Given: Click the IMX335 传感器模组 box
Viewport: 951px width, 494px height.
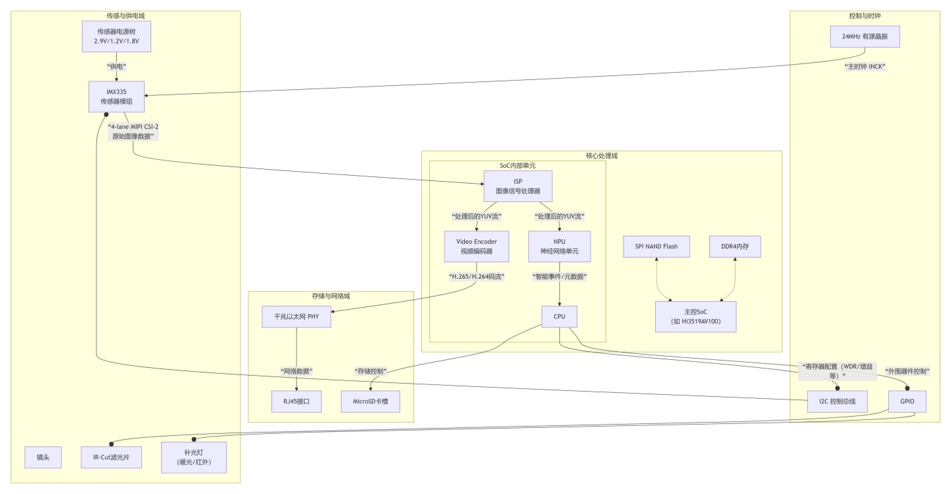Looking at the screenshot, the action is coord(116,97).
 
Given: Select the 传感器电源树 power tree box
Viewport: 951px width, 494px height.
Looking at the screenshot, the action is coord(116,36).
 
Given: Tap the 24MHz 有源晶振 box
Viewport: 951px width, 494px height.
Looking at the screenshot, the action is coord(865,36).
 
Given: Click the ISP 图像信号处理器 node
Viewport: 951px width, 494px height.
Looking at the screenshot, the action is coord(518,186).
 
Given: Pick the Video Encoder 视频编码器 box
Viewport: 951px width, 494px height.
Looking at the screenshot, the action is coord(476,246).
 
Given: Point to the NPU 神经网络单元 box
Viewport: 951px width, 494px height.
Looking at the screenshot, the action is coord(559,246).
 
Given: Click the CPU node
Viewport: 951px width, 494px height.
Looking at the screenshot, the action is coord(559,316).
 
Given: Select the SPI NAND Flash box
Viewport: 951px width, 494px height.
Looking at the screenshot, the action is coord(656,246).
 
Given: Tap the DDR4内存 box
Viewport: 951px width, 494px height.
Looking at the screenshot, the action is coord(735,246).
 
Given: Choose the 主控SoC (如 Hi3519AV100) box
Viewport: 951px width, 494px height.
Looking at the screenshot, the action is coord(695,316).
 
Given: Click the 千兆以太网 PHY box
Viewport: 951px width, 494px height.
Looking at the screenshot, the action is coord(297,316).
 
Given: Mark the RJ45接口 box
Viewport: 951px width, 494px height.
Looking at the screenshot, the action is coord(297,402).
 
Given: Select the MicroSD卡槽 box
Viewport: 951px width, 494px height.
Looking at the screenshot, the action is coord(370,402).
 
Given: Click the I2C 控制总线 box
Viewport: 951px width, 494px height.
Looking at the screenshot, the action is coord(837,402).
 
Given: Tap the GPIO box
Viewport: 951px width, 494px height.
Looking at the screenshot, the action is coord(907,402).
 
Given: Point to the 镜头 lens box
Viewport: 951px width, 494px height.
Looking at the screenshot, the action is coord(43,458).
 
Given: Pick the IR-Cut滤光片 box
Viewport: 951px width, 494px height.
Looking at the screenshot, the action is coord(111,458).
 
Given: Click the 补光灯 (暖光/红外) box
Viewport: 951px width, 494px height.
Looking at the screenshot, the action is coord(194,458).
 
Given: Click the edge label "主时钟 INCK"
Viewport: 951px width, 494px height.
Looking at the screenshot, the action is coord(865,67).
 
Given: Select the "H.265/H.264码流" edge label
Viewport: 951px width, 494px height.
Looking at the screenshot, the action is coord(476,277).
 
